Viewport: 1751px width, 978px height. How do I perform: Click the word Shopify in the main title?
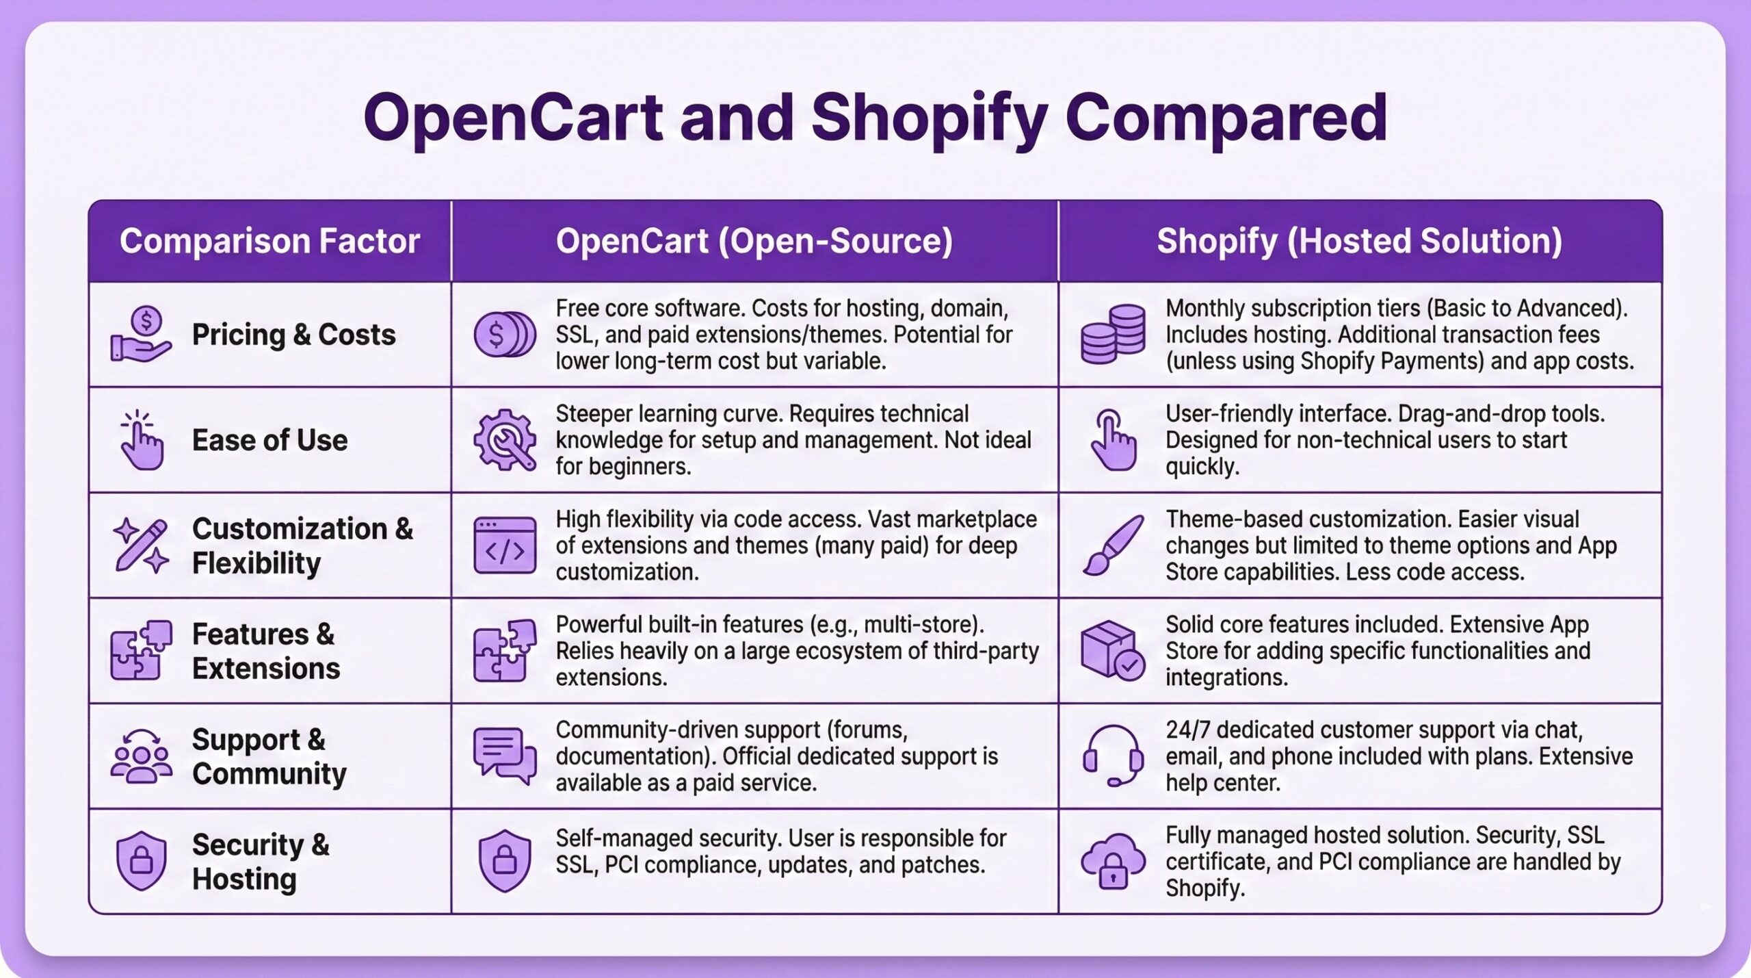929,118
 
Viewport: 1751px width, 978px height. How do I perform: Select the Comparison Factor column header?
269,241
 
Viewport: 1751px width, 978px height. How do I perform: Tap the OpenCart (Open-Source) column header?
754,241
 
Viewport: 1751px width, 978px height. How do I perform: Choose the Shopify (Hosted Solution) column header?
1359,241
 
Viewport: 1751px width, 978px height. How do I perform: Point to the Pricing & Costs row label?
293,335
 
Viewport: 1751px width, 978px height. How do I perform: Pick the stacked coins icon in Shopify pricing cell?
1113,334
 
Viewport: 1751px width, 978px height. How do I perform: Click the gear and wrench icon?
505,439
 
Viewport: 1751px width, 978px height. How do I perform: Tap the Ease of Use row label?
269,440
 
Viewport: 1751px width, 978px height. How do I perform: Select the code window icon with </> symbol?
505,545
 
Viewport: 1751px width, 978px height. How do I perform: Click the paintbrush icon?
1113,545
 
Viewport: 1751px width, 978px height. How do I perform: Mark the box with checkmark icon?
1113,650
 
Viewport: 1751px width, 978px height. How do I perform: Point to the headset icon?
1113,756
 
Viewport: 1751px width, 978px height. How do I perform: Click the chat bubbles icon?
505,756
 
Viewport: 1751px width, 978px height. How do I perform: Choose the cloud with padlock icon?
1113,861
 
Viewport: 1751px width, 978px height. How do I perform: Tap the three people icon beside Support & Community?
141,756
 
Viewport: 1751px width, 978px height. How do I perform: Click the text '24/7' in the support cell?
1187,730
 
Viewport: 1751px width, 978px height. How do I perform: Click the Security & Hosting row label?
260,862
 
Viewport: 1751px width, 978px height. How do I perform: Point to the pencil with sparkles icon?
141,545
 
